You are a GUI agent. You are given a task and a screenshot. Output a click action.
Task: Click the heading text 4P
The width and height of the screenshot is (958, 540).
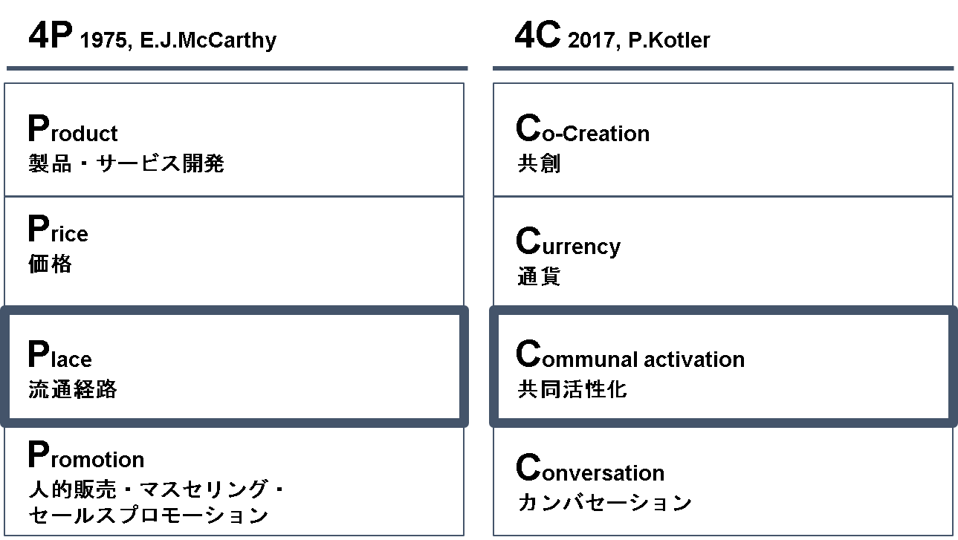[x=51, y=35]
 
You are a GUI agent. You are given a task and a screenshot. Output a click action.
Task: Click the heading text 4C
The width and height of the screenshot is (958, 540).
[x=537, y=35]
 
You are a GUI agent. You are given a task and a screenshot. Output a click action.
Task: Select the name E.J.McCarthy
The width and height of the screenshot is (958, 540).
[x=208, y=41]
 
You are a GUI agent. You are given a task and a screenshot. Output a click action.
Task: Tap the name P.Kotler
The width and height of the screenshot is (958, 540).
[x=669, y=40]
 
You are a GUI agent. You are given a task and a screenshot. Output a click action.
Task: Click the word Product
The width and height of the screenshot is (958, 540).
[x=73, y=128]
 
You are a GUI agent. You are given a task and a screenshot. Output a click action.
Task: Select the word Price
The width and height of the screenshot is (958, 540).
[x=58, y=229]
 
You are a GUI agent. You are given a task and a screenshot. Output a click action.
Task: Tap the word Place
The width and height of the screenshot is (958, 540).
[x=60, y=354]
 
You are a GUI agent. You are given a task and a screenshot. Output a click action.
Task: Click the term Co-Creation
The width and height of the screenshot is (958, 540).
[x=583, y=128]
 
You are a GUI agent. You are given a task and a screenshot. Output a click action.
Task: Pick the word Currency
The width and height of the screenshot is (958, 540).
[x=568, y=242]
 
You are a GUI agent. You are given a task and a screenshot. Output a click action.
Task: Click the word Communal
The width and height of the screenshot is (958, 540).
[x=577, y=354]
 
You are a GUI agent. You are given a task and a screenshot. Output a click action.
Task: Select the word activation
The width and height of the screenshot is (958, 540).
[x=694, y=359]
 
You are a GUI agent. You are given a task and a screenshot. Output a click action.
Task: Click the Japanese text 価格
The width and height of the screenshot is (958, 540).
[x=50, y=264]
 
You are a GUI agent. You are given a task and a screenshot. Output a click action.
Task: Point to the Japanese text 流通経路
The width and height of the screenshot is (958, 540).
[x=72, y=389]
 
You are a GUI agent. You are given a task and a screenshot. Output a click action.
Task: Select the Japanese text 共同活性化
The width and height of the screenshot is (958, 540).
[x=572, y=389]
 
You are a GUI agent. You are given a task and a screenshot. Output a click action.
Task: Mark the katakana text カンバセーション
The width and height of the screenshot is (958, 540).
[x=604, y=502]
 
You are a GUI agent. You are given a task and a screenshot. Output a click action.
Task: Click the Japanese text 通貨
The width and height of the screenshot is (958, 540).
[x=539, y=276]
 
